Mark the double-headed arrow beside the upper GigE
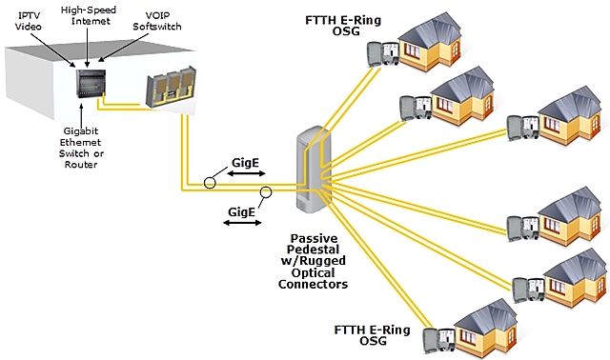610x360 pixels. point(249,177)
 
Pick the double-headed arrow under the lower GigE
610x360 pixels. point(241,222)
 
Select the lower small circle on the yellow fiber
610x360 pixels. point(268,192)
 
